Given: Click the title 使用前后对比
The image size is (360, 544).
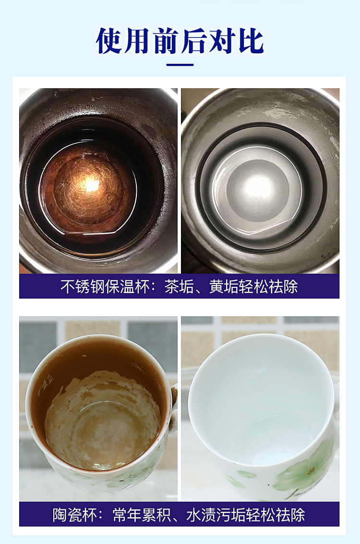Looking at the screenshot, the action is [x=180, y=41].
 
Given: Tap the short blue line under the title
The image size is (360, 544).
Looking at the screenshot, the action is [x=180, y=65].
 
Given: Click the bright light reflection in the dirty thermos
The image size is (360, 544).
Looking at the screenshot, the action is [x=91, y=185].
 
